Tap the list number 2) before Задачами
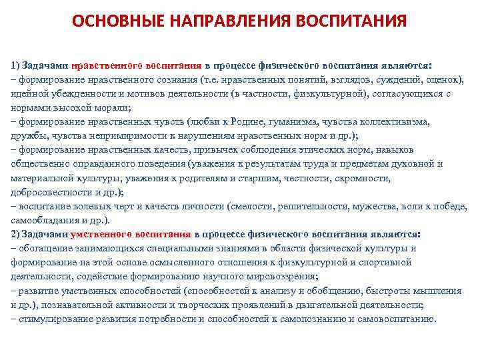point(15,235)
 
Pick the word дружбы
point(25,136)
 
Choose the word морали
point(114,108)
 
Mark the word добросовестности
point(49,192)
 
